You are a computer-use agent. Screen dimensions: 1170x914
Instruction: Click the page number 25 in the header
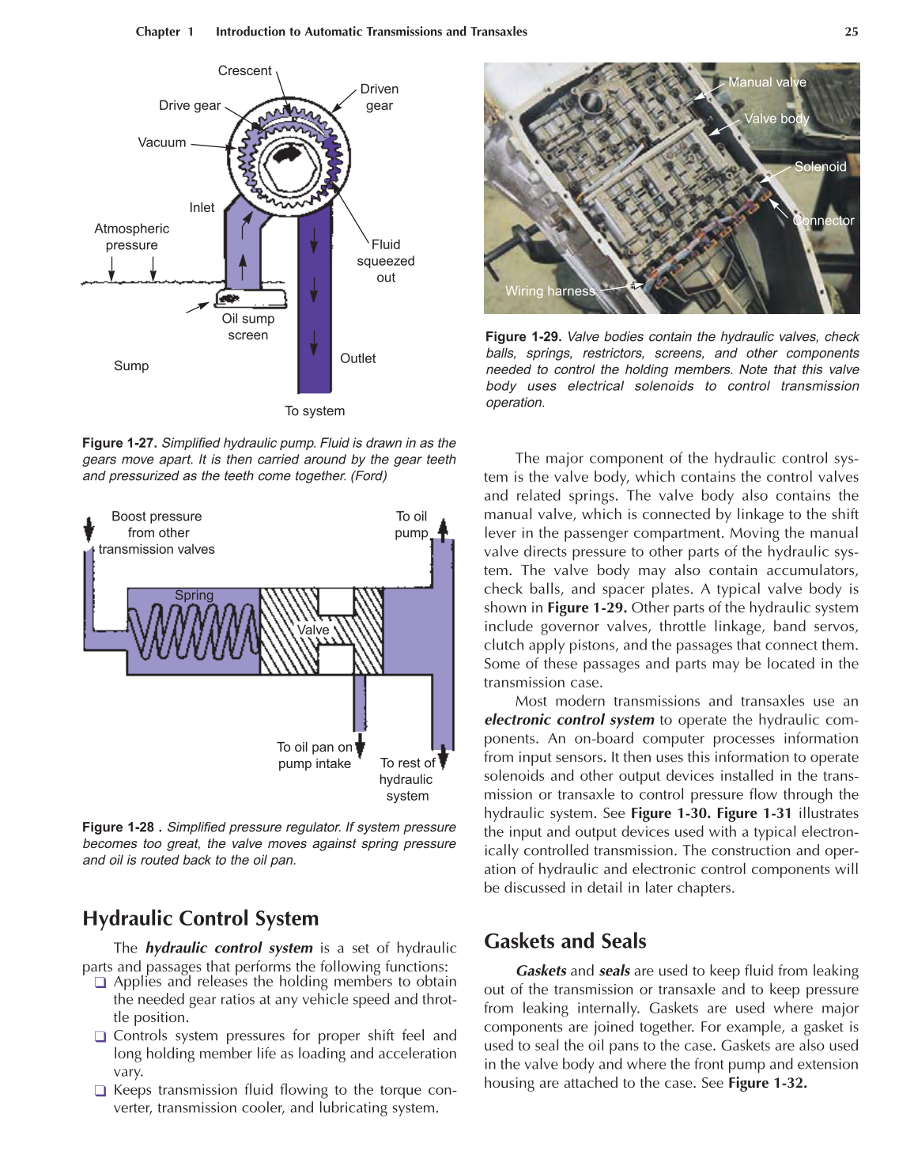tap(851, 32)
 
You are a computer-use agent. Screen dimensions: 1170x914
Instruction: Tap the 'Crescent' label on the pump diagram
tap(244, 71)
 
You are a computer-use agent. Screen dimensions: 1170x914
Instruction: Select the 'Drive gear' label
tap(190, 106)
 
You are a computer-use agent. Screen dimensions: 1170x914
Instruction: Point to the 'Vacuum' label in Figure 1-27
tap(162, 142)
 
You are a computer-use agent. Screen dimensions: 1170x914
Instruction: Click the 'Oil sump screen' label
tap(248, 327)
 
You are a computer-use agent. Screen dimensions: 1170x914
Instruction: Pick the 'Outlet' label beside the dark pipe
tap(357, 358)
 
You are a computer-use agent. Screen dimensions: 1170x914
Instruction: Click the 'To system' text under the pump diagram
tap(315, 411)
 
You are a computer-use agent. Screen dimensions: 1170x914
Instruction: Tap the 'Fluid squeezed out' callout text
tap(386, 261)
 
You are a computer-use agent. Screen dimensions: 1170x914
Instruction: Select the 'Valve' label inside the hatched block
tap(313, 630)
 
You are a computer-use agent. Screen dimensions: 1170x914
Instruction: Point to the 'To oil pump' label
tap(411, 524)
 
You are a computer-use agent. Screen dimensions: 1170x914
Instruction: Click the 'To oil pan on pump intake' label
tap(315, 755)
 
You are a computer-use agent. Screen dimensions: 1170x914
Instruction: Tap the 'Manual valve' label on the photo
tap(767, 82)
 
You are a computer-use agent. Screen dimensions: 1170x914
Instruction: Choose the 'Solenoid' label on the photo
tap(820, 167)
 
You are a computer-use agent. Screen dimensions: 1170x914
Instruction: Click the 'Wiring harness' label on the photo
tap(550, 291)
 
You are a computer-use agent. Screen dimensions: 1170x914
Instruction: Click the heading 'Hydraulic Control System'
tap(201, 918)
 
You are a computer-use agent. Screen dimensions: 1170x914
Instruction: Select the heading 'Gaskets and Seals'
tap(565, 941)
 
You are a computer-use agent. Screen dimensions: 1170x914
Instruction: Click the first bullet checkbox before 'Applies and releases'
tap(100, 983)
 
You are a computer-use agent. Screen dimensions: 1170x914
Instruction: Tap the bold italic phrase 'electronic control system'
tap(569, 720)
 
